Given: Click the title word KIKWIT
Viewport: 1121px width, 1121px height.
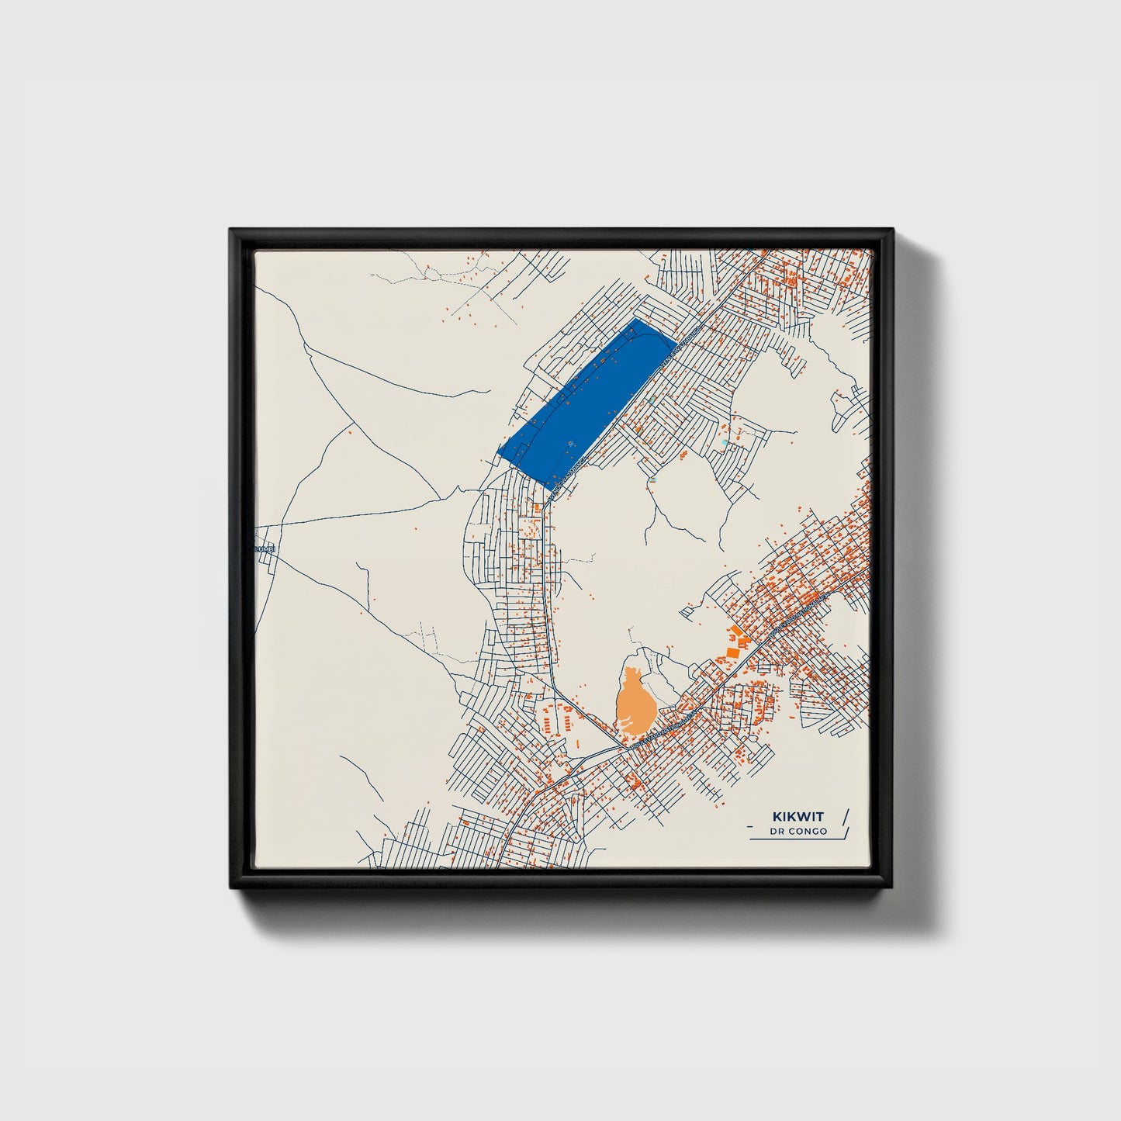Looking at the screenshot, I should pos(798,817).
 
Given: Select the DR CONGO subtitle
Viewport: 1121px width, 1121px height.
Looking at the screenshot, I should pos(798,832).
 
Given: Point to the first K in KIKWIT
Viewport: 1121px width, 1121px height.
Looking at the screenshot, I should pos(777,817).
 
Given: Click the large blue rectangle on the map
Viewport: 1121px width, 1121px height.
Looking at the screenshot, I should pos(586,400).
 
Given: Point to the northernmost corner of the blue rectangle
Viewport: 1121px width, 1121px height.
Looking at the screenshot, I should pos(636,318).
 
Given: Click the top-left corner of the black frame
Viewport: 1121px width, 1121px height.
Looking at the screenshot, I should pos(230,229).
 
